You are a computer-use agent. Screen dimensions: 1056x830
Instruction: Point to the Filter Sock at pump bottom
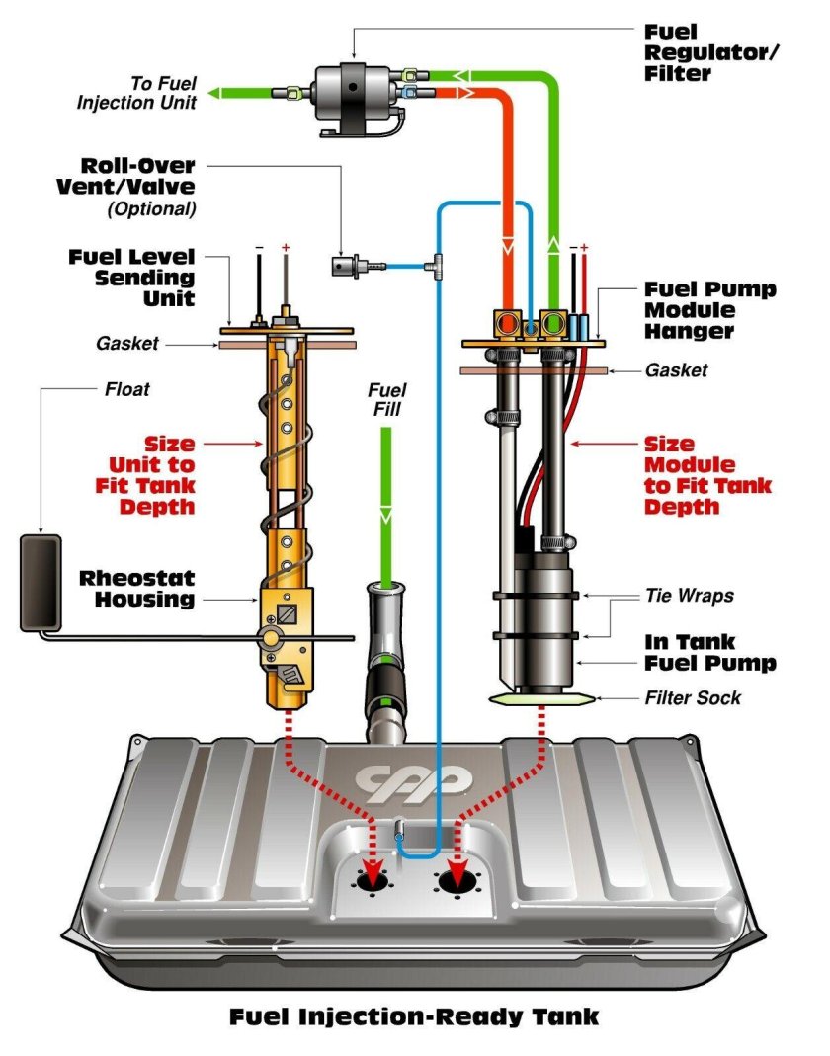click(x=542, y=698)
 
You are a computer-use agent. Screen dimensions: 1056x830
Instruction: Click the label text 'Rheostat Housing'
click(x=137, y=588)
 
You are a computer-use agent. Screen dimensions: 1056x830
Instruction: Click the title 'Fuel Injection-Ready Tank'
click(x=414, y=1015)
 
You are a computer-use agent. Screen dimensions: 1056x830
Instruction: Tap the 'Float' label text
click(x=126, y=389)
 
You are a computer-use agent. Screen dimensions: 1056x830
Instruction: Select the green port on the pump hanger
click(x=552, y=322)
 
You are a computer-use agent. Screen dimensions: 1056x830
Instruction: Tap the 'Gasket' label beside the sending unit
click(x=127, y=344)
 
